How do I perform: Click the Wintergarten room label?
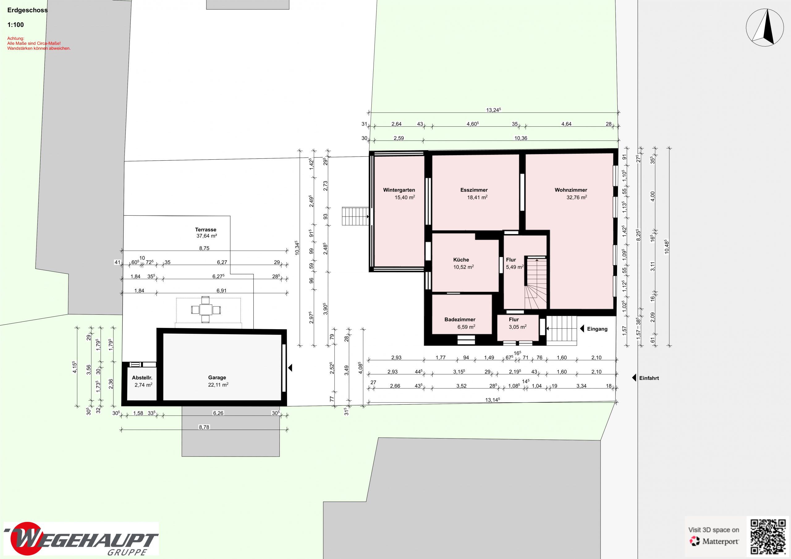399,190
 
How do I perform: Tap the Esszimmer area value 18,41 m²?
477,197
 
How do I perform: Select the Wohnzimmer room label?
571,190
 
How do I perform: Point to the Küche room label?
461,260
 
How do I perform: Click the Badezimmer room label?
460,320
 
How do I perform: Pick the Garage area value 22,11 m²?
218,385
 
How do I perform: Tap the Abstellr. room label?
142,378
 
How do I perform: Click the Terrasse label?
206,230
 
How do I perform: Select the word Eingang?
597,329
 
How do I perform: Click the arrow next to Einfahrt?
634,378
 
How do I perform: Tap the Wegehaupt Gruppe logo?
81,541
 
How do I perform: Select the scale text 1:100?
15,25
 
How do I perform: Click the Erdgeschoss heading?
27,10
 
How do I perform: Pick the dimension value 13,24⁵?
493,110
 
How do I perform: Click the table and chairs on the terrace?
206,310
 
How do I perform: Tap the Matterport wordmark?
720,542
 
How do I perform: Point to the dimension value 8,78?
204,427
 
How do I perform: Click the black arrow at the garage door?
290,368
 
